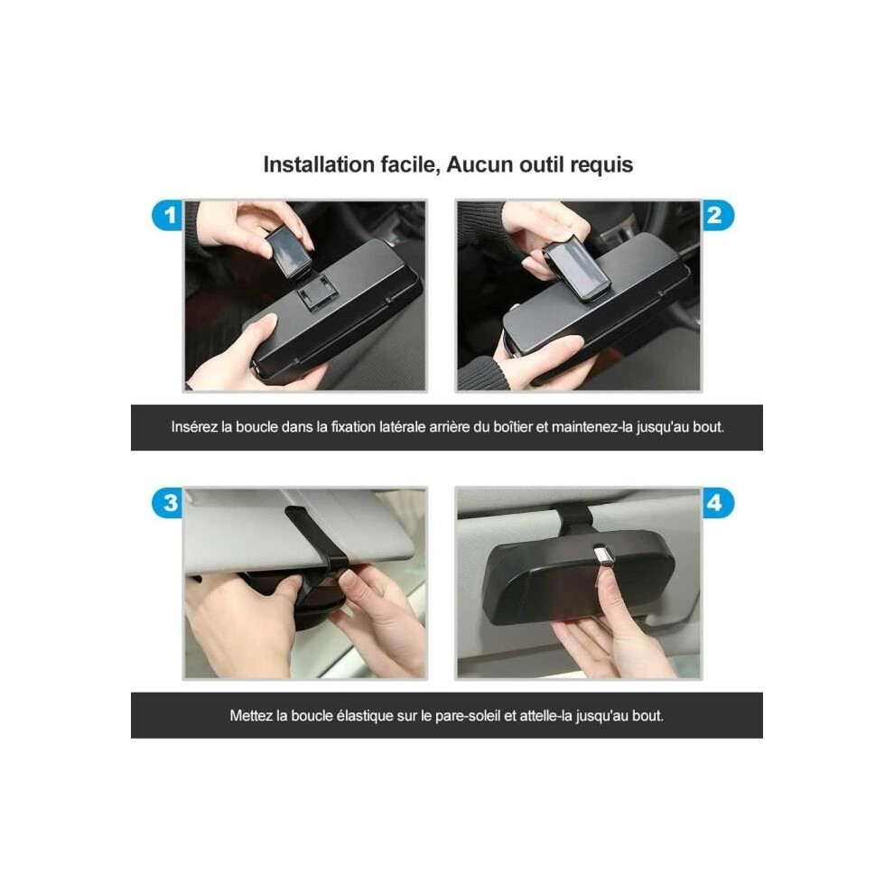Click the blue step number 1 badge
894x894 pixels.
pos(168,216)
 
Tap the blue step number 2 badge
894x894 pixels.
pos(717,216)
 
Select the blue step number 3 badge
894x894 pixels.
pos(168,503)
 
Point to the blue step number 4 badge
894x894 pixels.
pos(717,503)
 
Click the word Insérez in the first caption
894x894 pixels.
pos(194,426)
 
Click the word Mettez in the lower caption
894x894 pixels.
pos(251,715)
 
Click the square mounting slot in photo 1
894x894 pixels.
pos(318,292)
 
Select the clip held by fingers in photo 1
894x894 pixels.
pos(289,251)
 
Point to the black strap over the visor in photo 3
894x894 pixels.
pos(321,547)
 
